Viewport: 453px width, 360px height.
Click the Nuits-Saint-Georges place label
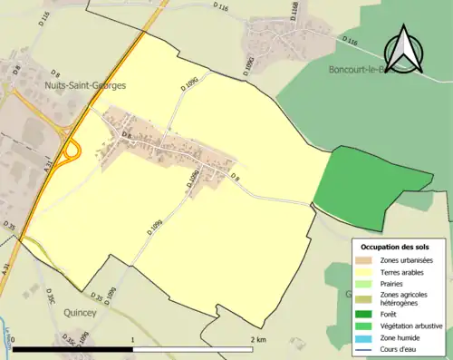pyautogui.click(x=84, y=85)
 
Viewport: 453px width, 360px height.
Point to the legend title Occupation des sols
pyautogui.click(x=395, y=247)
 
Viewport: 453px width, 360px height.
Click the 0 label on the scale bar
pyautogui.click(x=13, y=339)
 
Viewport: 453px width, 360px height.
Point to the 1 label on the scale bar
pyautogui.click(x=133, y=339)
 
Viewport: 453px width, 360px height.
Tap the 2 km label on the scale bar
pyautogui.click(x=257, y=339)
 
